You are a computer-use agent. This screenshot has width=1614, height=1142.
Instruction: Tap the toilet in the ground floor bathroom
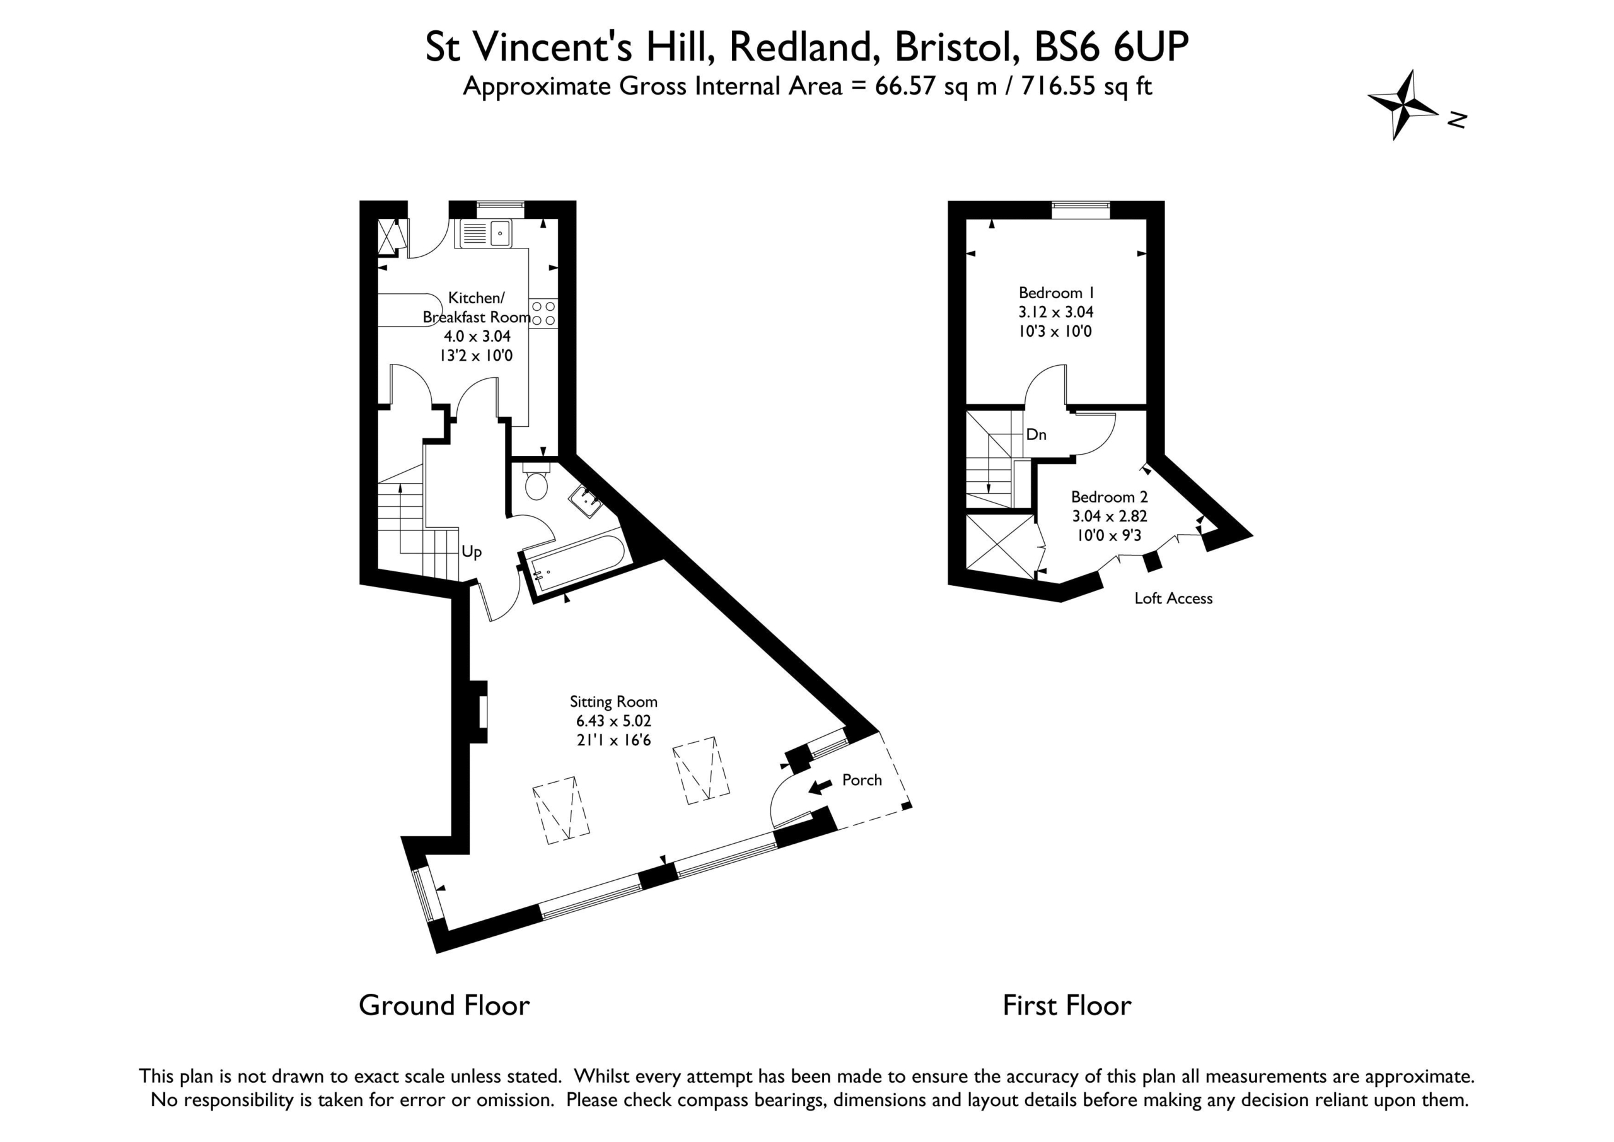click(x=537, y=481)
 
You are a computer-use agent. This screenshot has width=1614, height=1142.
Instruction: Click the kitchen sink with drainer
click(x=484, y=233)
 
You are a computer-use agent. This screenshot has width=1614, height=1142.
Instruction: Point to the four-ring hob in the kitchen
click(x=543, y=313)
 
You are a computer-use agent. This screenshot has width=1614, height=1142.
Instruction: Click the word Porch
click(x=862, y=780)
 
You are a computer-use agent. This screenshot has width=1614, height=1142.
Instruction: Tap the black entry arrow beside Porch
click(x=820, y=787)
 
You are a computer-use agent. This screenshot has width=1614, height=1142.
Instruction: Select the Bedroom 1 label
click(x=1057, y=293)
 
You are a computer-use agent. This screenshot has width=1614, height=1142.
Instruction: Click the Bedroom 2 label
click(x=1109, y=496)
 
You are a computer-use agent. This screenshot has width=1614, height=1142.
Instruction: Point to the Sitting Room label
click(x=613, y=701)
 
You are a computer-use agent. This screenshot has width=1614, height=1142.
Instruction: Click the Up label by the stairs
click(x=472, y=552)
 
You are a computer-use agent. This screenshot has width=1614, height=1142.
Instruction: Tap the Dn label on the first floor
click(x=1036, y=434)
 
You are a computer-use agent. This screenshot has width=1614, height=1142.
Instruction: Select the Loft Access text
click(x=1173, y=598)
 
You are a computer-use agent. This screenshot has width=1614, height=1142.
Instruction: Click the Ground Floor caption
click(x=444, y=1006)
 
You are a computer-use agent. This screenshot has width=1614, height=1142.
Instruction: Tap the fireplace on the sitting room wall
click(x=479, y=712)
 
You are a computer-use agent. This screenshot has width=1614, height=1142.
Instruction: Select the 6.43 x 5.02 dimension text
click(x=613, y=721)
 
